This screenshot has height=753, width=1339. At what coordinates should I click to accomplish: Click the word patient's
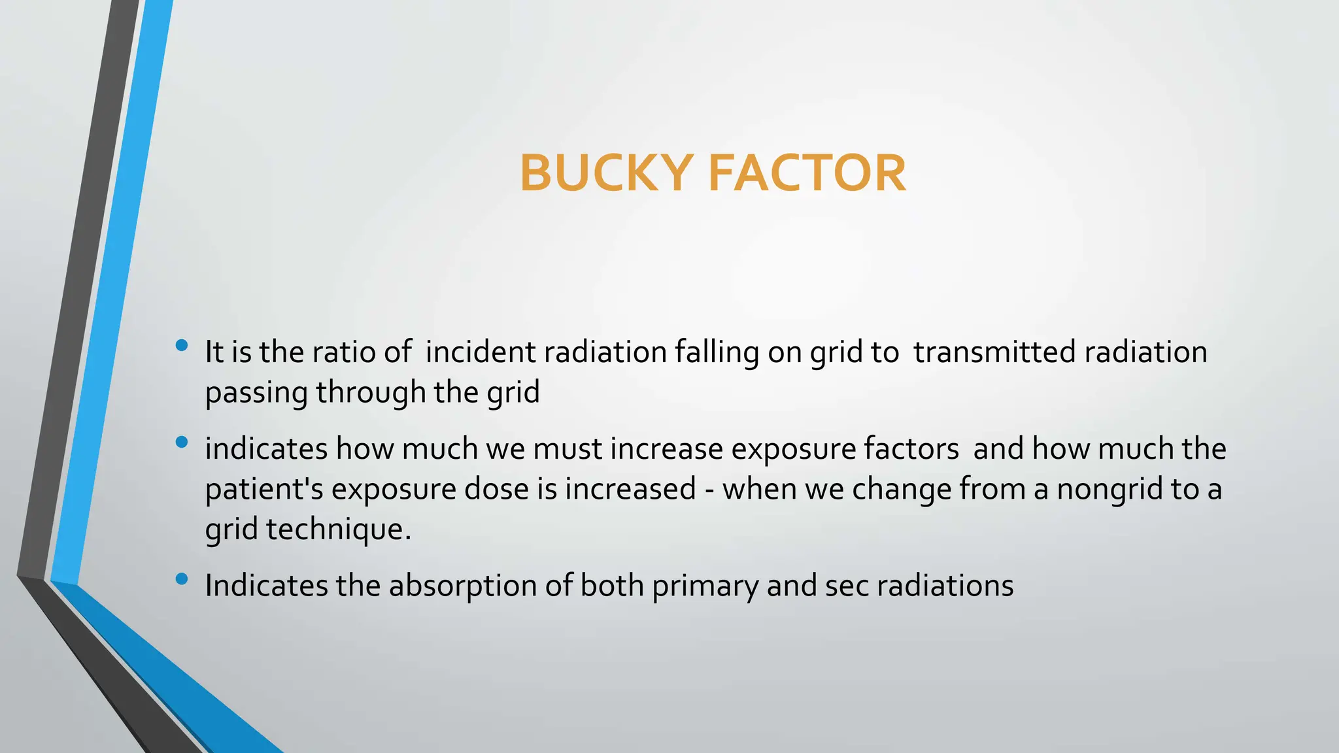[264, 490]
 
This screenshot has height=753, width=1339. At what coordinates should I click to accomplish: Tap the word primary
[705, 586]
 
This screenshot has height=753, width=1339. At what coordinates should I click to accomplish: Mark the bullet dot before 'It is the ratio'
[182, 345]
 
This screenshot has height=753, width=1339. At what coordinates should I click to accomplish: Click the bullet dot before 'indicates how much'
[182, 443]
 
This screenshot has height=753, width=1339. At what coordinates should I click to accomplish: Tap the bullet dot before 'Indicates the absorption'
[182, 578]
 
